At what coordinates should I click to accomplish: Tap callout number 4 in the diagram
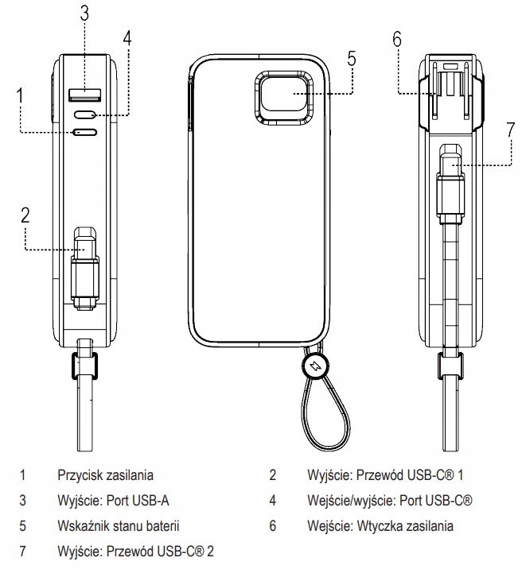(x=127, y=38)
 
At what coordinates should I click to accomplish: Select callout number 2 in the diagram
(x=25, y=215)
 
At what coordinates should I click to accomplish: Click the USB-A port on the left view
(x=84, y=96)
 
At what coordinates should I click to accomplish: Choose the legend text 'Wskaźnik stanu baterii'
(x=119, y=525)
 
